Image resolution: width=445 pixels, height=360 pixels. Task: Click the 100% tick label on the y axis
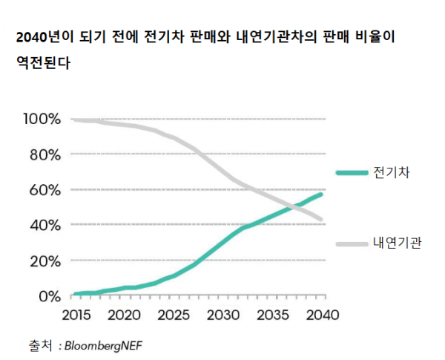point(42,119)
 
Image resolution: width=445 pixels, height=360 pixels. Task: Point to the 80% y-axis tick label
point(44,154)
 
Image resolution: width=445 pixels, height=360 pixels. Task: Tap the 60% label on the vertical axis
point(44,190)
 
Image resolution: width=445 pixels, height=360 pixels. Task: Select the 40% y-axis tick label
point(44,225)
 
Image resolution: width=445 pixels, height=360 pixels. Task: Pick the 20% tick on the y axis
point(44,261)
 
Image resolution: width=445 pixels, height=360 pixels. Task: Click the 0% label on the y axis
point(49,296)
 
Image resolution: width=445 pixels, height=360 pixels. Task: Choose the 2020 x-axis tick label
point(124,314)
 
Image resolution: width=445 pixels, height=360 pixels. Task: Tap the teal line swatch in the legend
point(352,174)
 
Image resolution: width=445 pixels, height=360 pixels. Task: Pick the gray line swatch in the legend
point(352,243)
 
